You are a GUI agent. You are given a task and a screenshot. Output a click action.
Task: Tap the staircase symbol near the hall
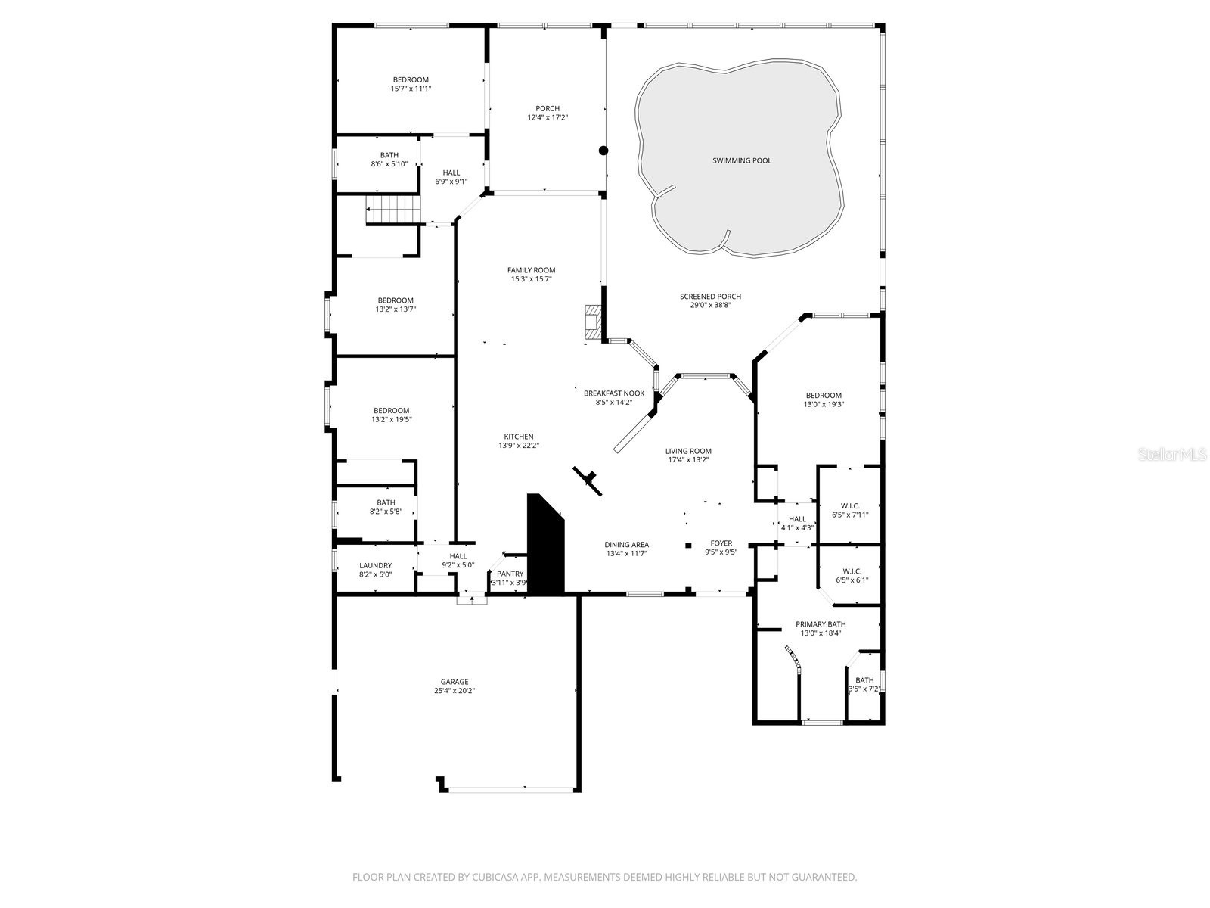(392, 210)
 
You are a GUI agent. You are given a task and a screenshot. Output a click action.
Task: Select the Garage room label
(455, 682)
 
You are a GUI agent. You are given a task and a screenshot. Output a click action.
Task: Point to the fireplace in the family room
(591, 322)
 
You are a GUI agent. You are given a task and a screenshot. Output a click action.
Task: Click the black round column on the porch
(603, 151)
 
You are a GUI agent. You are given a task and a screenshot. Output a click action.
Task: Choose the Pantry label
(510, 574)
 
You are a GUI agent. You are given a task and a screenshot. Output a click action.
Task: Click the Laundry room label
(375, 566)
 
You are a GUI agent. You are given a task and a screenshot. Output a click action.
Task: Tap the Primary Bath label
(821, 624)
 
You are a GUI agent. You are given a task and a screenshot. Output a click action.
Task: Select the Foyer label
(721, 543)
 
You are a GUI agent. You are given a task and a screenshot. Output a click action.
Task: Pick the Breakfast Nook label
(613, 393)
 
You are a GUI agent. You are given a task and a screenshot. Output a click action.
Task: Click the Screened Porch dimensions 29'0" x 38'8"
(710, 305)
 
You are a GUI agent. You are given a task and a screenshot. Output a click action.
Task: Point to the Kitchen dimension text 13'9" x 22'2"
(519, 446)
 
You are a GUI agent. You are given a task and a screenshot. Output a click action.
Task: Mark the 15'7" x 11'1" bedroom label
(411, 89)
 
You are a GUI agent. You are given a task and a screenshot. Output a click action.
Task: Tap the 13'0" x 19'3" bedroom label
(824, 404)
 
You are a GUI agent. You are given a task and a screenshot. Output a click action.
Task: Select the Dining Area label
(626, 545)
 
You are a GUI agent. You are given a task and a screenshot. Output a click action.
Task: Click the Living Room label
(688, 451)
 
